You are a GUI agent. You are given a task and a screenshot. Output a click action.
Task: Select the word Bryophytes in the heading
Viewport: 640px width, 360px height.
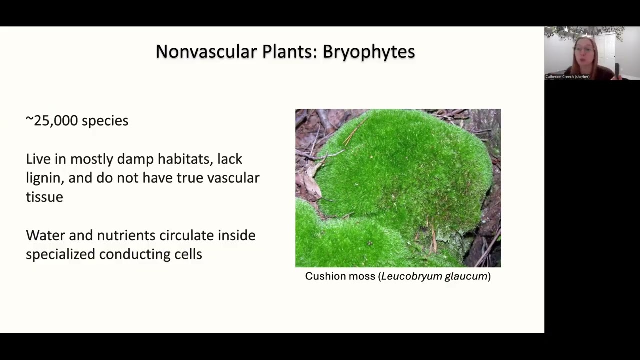(x=369, y=52)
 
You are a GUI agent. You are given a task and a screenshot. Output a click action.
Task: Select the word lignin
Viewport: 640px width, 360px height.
(x=44, y=178)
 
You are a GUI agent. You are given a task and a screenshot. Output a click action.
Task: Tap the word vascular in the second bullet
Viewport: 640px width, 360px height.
(x=233, y=178)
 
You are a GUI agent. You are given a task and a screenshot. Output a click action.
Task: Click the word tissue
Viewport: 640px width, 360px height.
(x=44, y=197)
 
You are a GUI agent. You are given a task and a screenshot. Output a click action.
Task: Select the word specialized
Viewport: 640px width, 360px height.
(x=60, y=254)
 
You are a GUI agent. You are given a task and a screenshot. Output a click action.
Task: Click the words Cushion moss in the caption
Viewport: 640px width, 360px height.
(x=340, y=276)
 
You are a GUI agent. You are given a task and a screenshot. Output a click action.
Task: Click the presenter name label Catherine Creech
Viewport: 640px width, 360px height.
(x=567, y=77)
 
